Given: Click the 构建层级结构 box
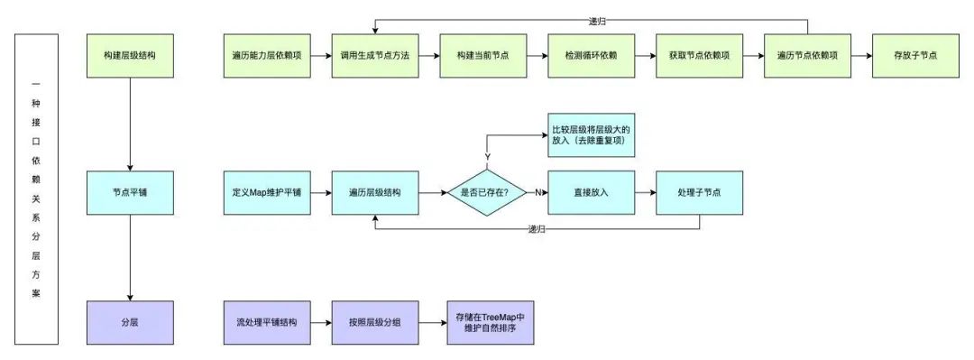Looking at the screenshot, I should pyautogui.click(x=131, y=56).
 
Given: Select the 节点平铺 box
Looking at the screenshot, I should pyautogui.click(x=131, y=193).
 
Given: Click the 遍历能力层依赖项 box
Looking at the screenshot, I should pyautogui.click(x=266, y=56).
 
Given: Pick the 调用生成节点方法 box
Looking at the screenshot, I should pyautogui.click(x=374, y=56).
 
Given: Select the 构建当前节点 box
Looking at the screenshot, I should pyautogui.click(x=482, y=56).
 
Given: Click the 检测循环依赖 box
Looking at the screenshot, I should pyautogui.click(x=591, y=56).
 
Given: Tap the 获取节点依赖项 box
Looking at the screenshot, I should pyautogui.click(x=699, y=56).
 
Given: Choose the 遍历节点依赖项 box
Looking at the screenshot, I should pyautogui.click(x=807, y=56).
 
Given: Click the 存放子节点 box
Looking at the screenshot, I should pyautogui.click(x=915, y=56).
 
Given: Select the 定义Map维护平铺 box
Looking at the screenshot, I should pyautogui.click(x=266, y=193).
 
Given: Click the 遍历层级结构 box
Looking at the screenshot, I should pyautogui.click(x=374, y=193).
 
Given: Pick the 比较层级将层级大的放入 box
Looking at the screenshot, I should pyautogui.click(x=592, y=136).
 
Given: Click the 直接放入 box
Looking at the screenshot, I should pyautogui.click(x=591, y=193).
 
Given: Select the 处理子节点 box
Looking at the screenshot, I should pyautogui.click(x=699, y=193).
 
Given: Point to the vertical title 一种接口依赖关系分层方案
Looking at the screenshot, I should pyautogui.click(x=36, y=189).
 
